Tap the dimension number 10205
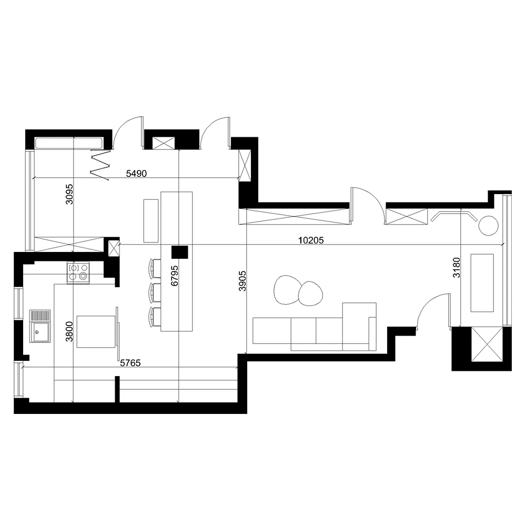click(310, 240)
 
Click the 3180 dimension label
click(456, 267)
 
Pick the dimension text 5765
click(131, 362)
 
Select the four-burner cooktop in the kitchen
click(78, 272)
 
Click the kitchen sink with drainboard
click(40, 326)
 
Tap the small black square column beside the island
click(180, 252)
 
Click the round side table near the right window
click(488, 226)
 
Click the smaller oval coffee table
click(310, 293)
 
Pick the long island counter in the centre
click(177, 261)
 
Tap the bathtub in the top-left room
click(68, 143)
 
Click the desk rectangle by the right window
click(482, 282)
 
